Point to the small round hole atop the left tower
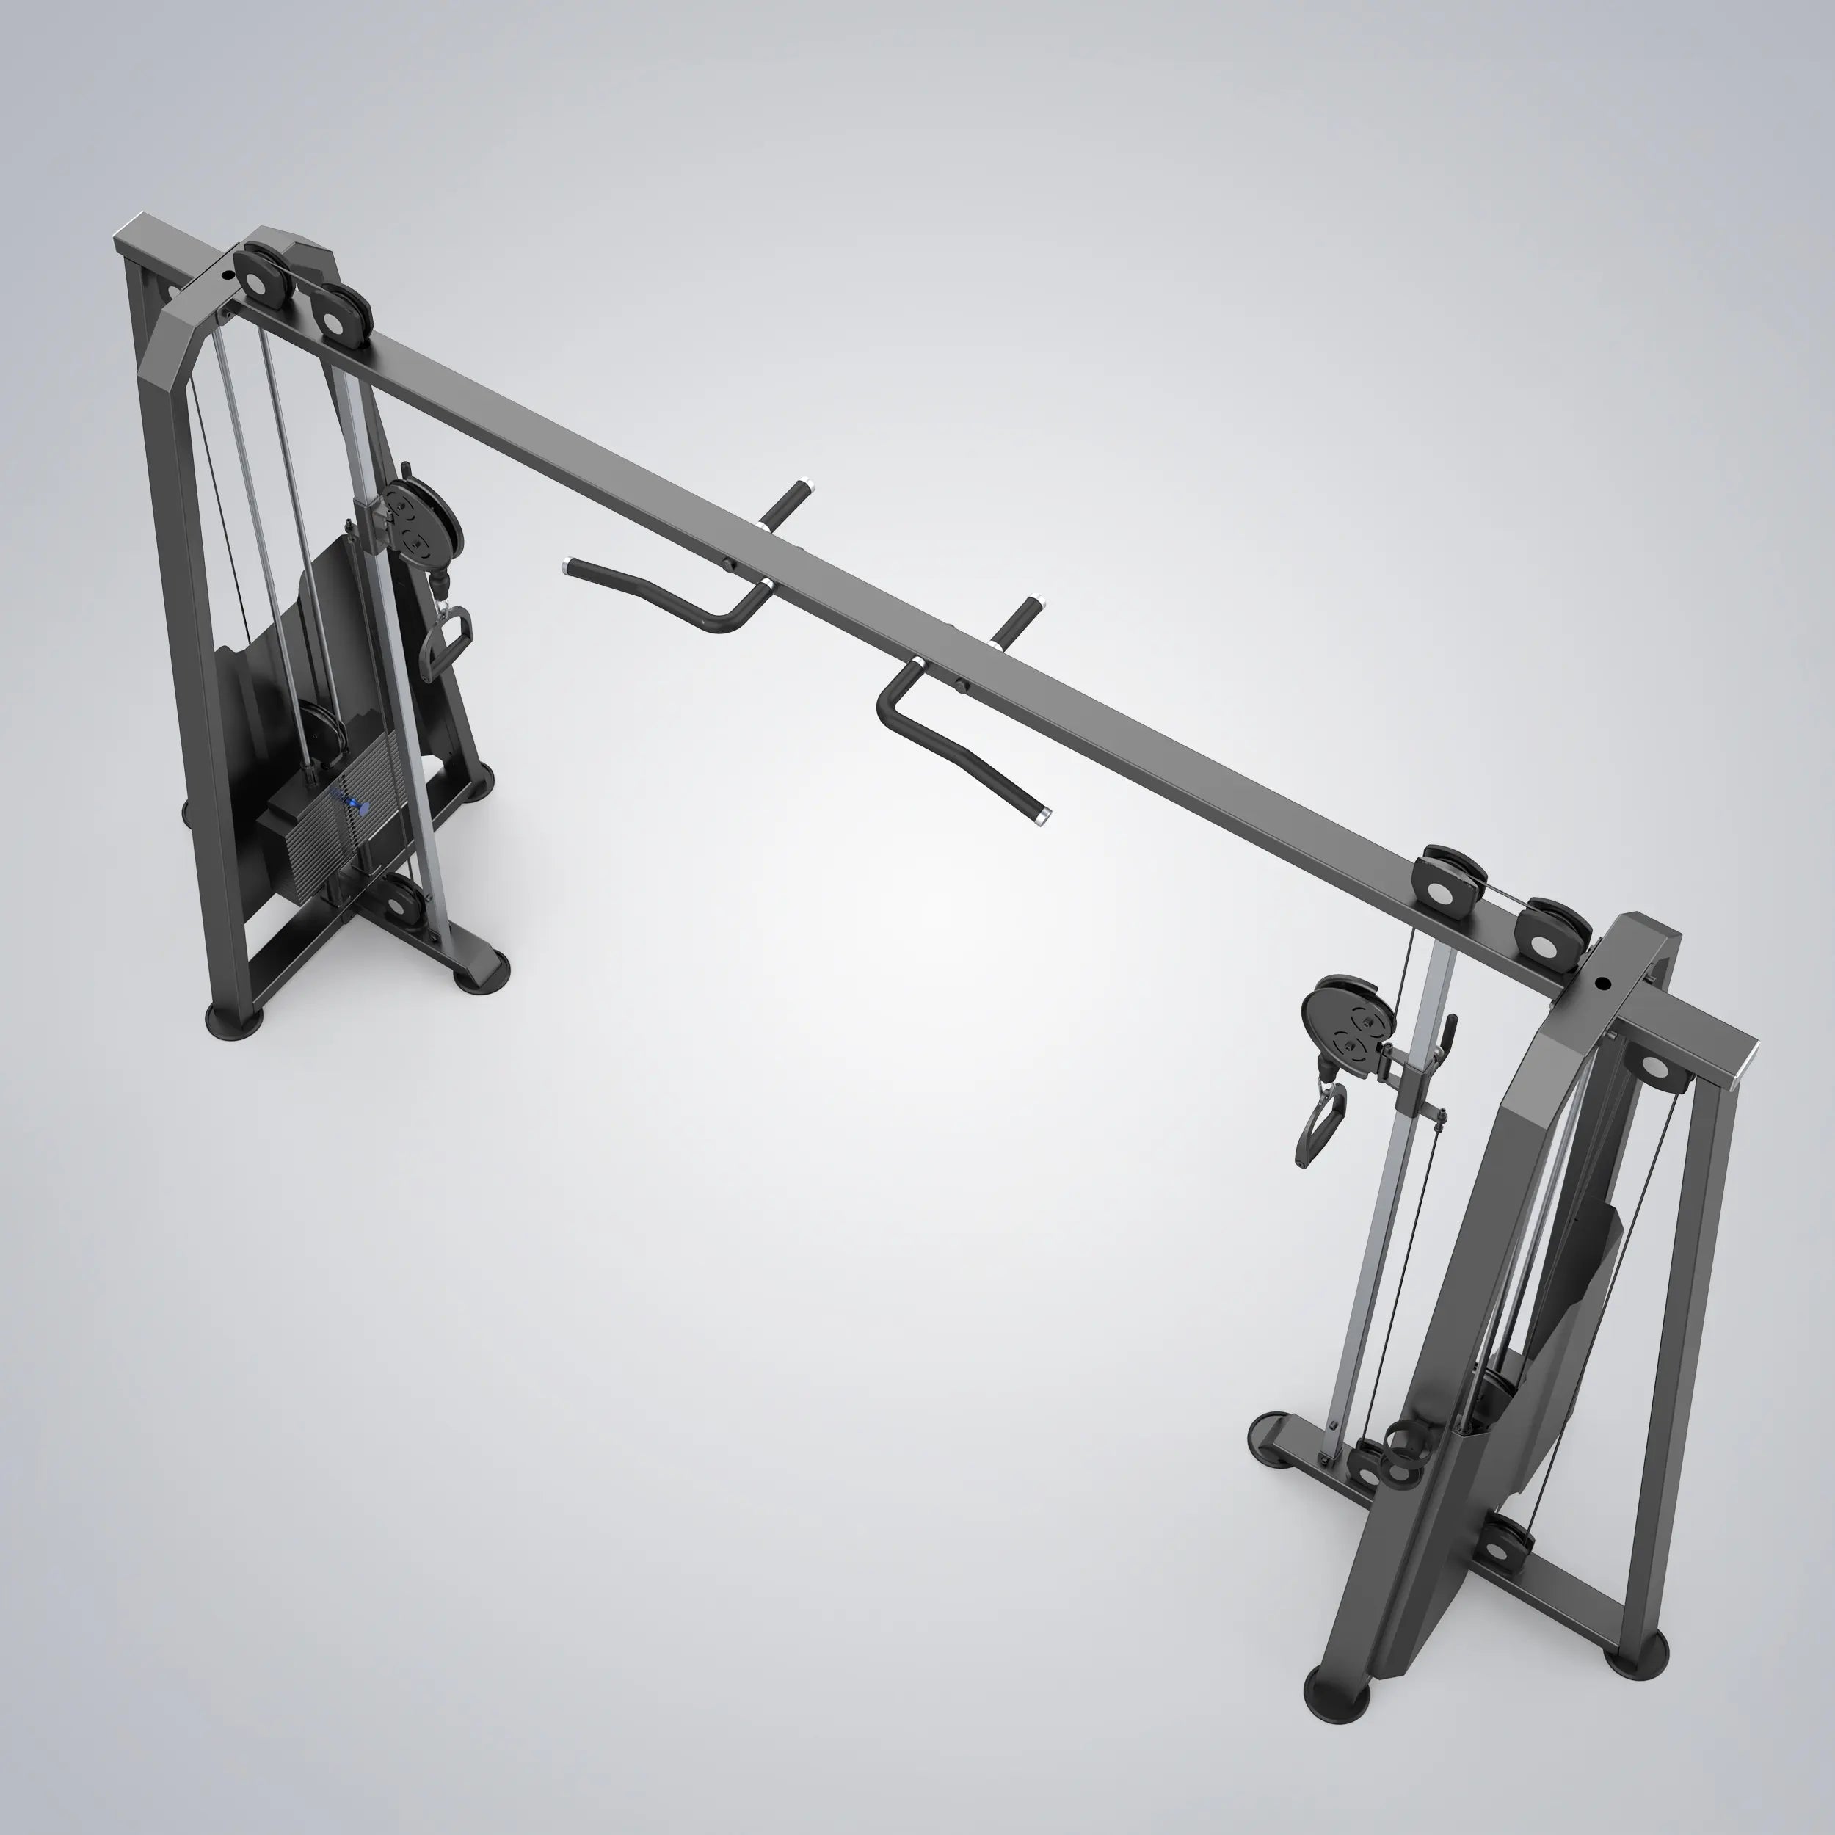pyautogui.click(x=226, y=277)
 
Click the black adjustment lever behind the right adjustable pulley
pyautogui.click(x=1447, y=1030)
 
